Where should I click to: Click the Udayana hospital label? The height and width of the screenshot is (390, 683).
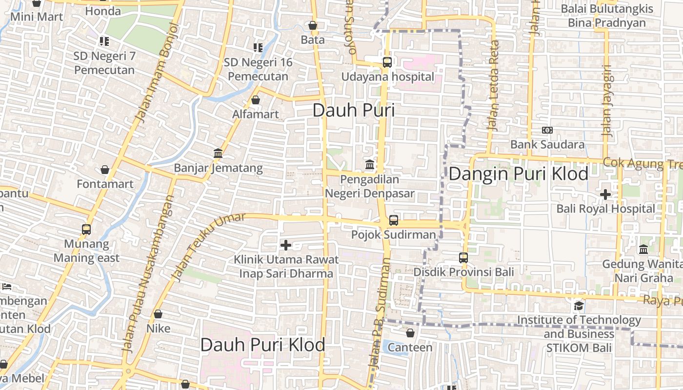click(387, 77)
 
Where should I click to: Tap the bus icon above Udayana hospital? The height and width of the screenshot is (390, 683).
click(387, 62)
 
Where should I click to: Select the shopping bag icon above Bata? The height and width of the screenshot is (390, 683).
click(313, 25)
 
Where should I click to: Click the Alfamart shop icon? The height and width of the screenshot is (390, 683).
click(255, 100)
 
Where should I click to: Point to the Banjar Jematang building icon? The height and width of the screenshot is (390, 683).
click(218, 154)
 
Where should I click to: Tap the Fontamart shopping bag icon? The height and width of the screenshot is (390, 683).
click(105, 170)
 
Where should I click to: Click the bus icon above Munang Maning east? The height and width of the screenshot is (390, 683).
click(86, 229)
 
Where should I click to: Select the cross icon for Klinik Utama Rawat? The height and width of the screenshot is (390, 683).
click(286, 245)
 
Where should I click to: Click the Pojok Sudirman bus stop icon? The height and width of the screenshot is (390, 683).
click(394, 220)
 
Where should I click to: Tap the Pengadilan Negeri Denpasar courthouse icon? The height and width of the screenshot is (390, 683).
click(370, 165)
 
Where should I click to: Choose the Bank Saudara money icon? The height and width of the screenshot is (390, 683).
click(547, 130)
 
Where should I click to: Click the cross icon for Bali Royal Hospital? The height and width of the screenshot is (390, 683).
click(605, 195)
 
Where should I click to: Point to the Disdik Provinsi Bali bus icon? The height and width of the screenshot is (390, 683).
click(463, 257)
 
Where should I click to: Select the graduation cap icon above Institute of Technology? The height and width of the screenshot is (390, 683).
click(579, 306)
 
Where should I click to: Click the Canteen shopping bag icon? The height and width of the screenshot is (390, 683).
click(410, 333)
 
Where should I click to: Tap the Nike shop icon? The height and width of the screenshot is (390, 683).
click(158, 314)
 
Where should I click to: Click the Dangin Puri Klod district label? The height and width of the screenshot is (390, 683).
click(518, 174)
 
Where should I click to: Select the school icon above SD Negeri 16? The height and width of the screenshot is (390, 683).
click(258, 48)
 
